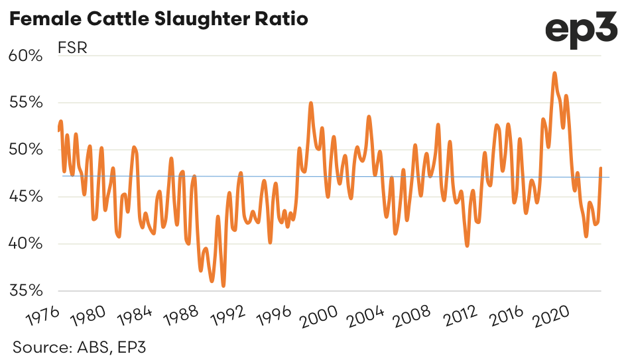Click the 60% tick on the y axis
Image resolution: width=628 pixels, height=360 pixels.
[26, 56]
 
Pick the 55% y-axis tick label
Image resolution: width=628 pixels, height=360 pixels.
[26, 103]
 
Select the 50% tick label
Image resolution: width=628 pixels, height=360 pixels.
[26, 150]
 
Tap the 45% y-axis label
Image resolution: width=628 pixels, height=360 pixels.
[26, 197]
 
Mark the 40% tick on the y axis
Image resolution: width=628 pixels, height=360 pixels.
[26, 244]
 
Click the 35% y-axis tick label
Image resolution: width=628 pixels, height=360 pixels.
[26, 291]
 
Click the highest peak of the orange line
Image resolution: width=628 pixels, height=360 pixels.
[554, 74]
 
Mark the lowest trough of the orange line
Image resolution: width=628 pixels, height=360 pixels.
[223, 286]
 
